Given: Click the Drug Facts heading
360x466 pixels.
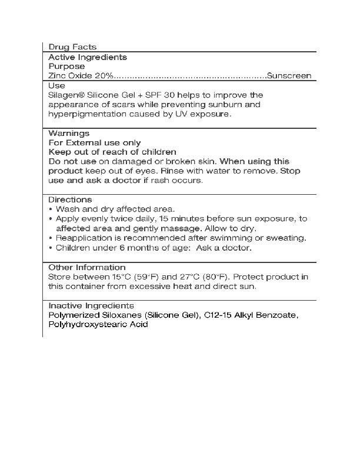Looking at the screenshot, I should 72,47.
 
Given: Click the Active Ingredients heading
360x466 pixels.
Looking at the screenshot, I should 88,57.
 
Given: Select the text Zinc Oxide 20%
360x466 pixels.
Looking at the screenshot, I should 81,76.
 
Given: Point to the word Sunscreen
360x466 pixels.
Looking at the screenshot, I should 289,76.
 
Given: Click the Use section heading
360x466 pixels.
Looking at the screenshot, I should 56,85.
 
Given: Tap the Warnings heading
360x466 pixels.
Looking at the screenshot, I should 69,133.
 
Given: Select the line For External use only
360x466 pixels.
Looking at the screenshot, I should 94,142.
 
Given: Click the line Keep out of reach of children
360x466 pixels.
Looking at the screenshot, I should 112,152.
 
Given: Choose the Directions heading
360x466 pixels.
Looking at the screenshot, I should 70,199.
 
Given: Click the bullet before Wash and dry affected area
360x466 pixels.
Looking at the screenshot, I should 51,209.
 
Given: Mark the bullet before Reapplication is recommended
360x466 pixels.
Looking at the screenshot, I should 51,238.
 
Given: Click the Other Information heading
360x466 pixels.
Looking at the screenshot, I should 86,267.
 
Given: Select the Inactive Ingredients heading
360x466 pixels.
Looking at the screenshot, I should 91,305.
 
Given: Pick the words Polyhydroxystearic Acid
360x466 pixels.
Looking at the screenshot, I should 98,324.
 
